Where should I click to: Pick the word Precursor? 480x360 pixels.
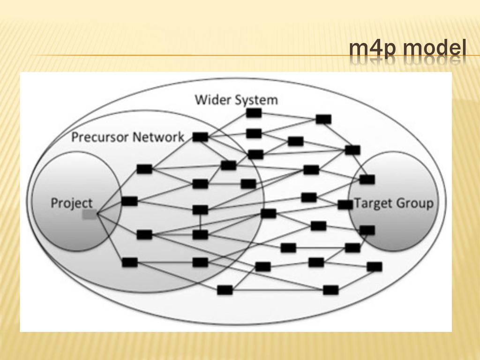(101, 137)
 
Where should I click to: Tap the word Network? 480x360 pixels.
(159, 137)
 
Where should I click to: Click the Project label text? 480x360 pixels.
(72, 203)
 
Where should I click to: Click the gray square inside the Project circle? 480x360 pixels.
(90, 215)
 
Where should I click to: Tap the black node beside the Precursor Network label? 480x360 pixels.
(200, 137)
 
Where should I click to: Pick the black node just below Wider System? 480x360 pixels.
(254, 113)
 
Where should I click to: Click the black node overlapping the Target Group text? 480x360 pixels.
(345, 205)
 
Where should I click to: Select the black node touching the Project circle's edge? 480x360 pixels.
(129, 201)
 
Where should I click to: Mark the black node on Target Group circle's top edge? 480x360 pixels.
(367, 179)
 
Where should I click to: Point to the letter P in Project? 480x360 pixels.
(54, 203)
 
